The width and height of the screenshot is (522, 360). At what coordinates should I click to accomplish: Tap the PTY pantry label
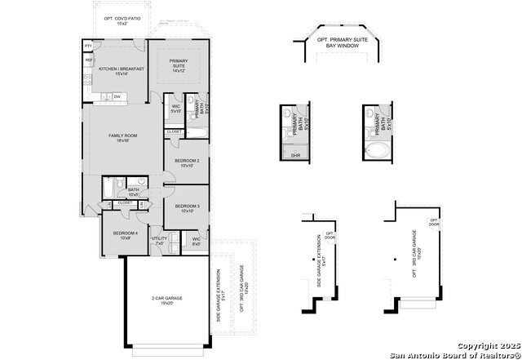pos(88,47)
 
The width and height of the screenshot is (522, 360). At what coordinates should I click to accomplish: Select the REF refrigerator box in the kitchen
pos(88,59)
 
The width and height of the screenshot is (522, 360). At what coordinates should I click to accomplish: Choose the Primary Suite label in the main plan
pos(179,66)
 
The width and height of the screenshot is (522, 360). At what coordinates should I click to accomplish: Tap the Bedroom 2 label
pos(188,162)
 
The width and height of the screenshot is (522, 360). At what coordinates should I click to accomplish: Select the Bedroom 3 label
pos(188,208)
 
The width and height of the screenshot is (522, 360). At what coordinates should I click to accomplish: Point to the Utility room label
pos(159,241)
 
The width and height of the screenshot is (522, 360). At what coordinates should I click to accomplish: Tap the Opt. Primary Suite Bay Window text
pos(342,43)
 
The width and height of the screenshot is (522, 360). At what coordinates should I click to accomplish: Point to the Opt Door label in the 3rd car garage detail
pos(435,223)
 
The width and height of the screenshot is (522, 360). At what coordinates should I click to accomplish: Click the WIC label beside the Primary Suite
pos(175,109)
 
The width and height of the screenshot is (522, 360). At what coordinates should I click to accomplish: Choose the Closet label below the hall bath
pos(124,202)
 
